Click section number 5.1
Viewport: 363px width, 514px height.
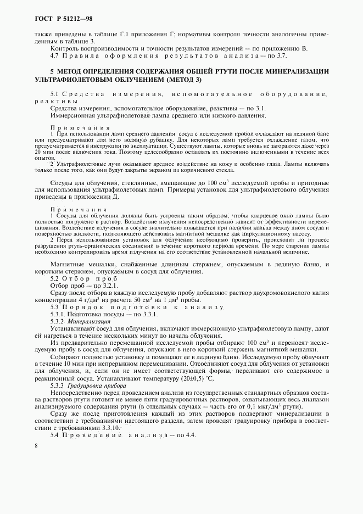55,94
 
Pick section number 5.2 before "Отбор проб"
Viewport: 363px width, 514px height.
55,278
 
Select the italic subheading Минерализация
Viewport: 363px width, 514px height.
88,320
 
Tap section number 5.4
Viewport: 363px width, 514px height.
55,435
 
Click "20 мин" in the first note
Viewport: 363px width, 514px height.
43,154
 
